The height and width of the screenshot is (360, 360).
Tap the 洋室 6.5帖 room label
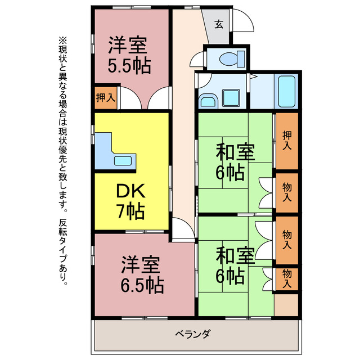[x=142, y=275]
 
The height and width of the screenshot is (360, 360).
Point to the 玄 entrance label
[x=219, y=24]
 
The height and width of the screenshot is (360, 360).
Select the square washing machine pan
[x=232, y=97]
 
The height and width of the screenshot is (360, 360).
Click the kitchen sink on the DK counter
[x=123, y=160]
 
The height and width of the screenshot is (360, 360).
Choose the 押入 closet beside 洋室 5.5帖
[x=105, y=97]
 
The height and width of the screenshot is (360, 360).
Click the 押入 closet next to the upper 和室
[x=287, y=141]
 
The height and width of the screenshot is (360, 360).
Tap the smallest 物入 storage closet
[x=287, y=278]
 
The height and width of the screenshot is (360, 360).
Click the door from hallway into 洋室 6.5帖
[x=181, y=228]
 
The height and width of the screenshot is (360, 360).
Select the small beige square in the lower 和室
[x=286, y=304]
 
